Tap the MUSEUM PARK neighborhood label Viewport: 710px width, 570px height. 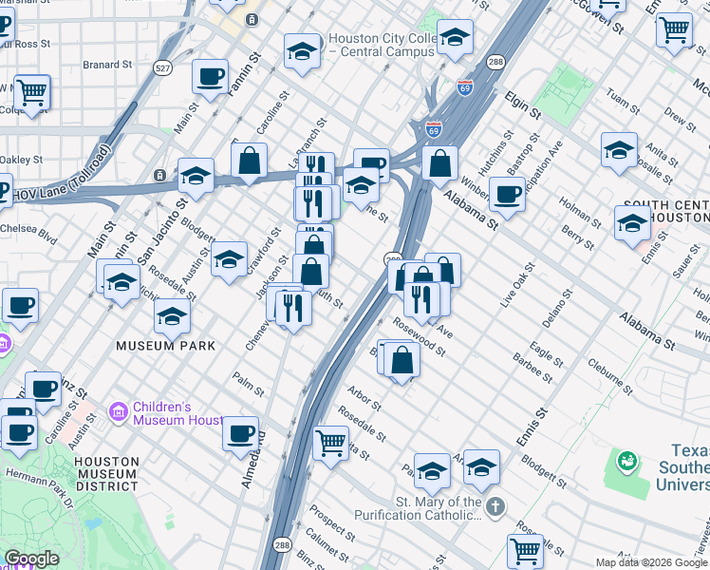click(165, 346)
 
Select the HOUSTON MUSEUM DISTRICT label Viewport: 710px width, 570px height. click(106, 473)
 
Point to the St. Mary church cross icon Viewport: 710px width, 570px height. click(495, 508)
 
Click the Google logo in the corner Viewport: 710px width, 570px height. click(31, 559)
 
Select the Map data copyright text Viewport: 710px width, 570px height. click(651, 562)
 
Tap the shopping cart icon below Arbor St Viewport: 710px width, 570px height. click(330, 442)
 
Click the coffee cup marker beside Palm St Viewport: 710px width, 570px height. click(240, 433)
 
